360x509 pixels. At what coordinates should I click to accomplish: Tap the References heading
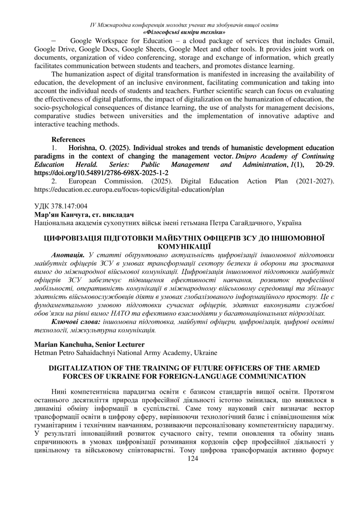pyautogui.click(x=68, y=140)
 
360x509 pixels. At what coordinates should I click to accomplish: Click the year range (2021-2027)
pyautogui.click(x=311, y=181)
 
